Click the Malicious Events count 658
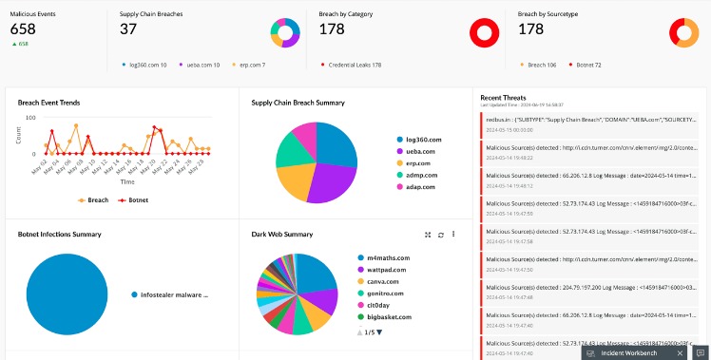pos(23,29)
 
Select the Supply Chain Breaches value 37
pos(129,29)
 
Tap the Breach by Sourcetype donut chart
pos(683,33)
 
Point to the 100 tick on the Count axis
pos(30,118)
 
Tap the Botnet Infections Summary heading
pos(59,233)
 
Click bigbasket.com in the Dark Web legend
pos(386,316)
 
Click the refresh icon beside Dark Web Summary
pos(440,234)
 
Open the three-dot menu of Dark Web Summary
pos(453,234)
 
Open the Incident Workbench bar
pos(627,352)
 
